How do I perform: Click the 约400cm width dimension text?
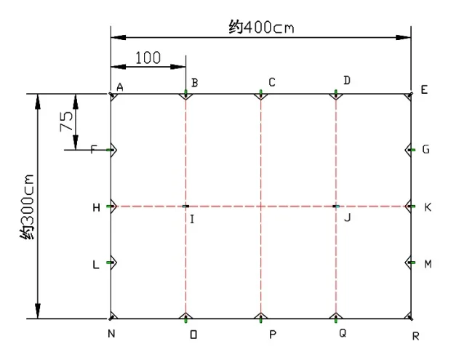[x=261, y=27]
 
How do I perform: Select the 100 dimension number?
[x=148, y=57]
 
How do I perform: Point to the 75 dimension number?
[x=66, y=121]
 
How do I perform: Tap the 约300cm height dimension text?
[x=27, y=207]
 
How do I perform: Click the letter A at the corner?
[x=120, y=87]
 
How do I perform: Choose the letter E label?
[x=424, y=90]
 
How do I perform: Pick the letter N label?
[x=111, y=334]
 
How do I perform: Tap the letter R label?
[x=415, y=336]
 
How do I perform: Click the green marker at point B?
[x=185, y=92]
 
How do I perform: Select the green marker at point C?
[x=261, y=92]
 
